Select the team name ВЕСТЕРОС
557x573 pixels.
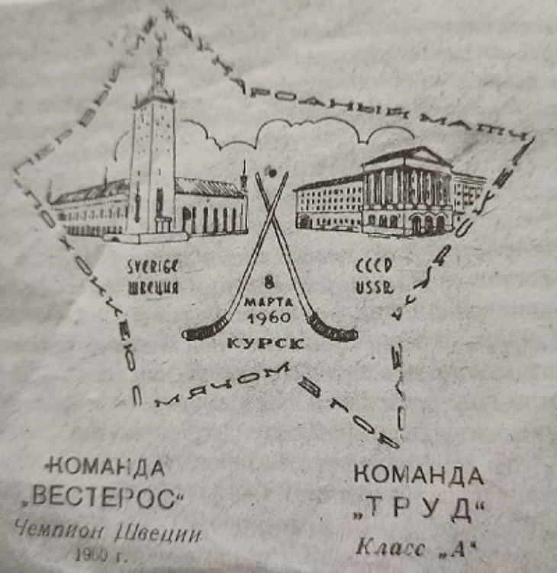pyautogui.click(x=105, y=498)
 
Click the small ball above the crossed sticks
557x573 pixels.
pyautogui.click(x=269, y=171)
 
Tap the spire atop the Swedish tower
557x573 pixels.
pyautogui.click(x=159, y=53)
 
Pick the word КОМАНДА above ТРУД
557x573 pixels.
pyautogui.click(x=418, y=475)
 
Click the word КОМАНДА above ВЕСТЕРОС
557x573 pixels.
pyautogui.click(x=106, y=466)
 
